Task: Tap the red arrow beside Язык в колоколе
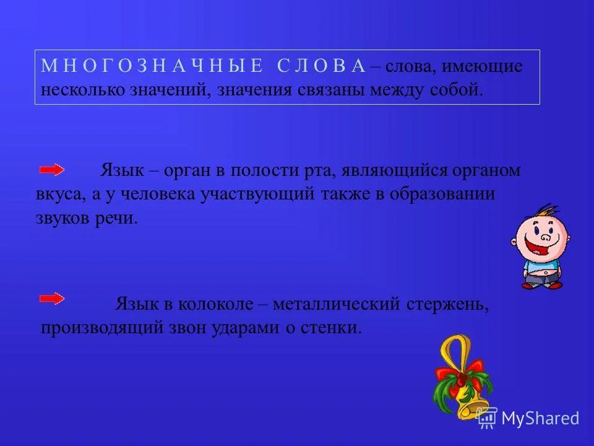52,299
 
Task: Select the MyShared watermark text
540,418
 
